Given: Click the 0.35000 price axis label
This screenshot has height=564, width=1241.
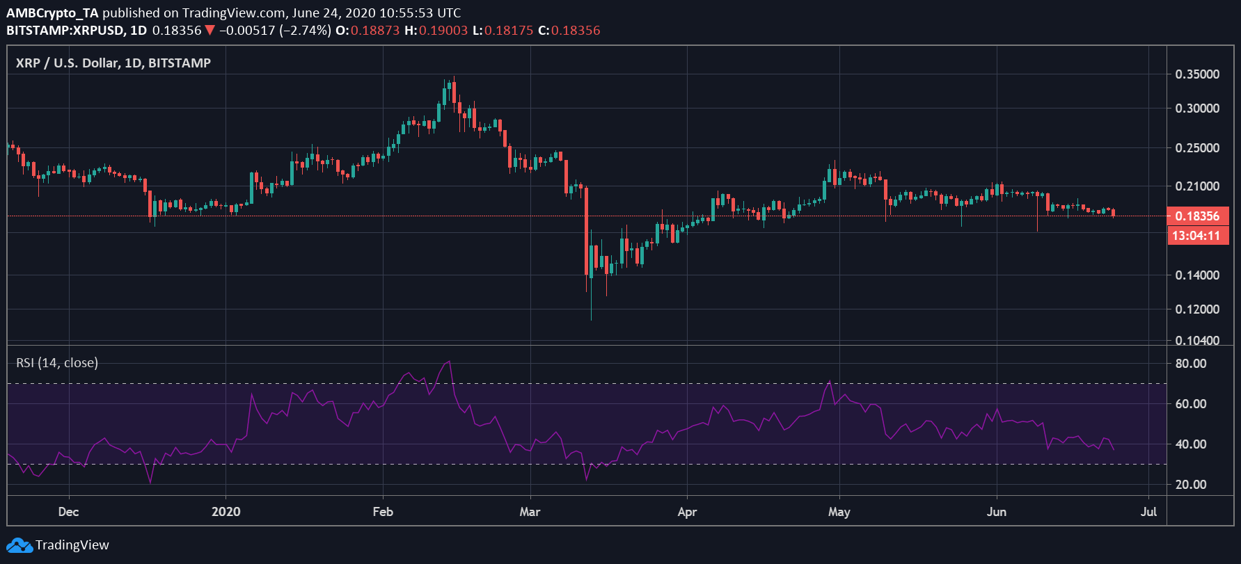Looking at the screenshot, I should pos(1197,74).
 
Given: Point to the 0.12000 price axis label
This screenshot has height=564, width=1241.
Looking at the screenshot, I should pos(1197,309).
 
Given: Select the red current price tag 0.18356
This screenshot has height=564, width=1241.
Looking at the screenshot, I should pos(1197,216).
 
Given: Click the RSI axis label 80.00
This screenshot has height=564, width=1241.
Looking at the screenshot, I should pos(1190,364).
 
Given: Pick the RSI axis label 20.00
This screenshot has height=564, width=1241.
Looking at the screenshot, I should pos(1190,485).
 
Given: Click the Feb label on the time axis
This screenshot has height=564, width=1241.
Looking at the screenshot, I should pos(383,512).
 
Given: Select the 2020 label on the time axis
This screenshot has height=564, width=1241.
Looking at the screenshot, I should pos(226,512).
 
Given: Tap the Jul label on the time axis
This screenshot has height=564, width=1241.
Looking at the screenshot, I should pos(1148,512).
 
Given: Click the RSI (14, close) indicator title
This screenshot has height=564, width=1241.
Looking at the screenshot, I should pos(57,363).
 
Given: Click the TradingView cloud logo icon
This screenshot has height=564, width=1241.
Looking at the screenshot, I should pos(19,545).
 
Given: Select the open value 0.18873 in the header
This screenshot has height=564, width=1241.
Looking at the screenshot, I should pos(374,31).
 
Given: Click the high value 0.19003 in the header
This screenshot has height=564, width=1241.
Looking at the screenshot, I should pos(443,31).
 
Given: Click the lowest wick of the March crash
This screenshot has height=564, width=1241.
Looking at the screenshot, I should pos(591,318).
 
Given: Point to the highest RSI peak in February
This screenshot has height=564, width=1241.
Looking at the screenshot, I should pos(450,362).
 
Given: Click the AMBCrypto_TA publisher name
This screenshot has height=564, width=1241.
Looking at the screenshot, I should pos(52,13).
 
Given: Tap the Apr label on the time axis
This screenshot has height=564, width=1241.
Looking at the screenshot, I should pos(687,512).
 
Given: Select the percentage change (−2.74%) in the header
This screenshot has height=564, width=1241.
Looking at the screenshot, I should pos(305,31).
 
